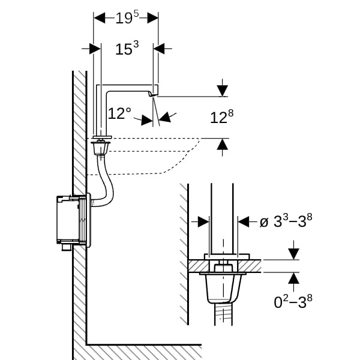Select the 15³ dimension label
(127, 49)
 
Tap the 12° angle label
(119, 113)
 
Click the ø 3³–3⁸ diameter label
(286, 221)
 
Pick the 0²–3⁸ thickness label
(293, 301)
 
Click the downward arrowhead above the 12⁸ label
(223, 91)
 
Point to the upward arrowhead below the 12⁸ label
(223, 143)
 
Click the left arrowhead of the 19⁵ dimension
(99, 18)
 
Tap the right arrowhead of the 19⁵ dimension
(153, 18)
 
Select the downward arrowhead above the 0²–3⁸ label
(293, 254)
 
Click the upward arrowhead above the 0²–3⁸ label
(293, 278)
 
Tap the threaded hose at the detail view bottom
(223, 316)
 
